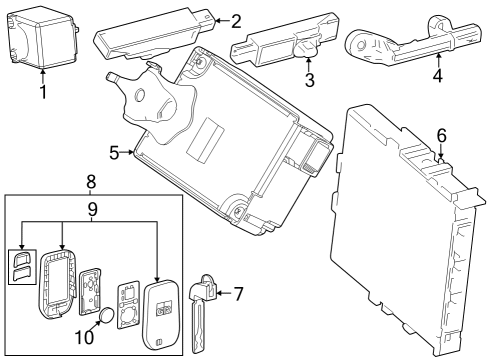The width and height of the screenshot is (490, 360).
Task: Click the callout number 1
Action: pos(42,92)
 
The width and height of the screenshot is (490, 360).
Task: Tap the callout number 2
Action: pos(236,19)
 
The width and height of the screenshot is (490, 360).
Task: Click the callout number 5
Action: pos(114,152)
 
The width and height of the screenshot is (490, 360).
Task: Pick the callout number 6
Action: pos(441,134)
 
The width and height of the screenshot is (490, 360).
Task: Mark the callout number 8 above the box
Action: pos(91,182)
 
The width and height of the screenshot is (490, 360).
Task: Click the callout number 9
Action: pos(91,210)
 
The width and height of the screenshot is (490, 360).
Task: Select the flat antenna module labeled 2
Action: pos(150,36)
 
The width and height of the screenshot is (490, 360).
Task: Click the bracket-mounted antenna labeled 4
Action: pos(400,45)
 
